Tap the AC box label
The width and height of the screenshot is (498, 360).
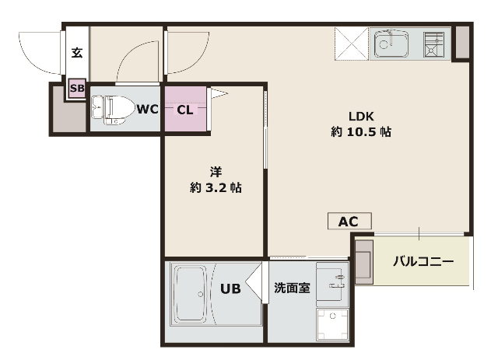(x=348, y=222)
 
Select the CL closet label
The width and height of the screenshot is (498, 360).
(x=184, y=109)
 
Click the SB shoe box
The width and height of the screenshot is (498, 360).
(x=77, y=88)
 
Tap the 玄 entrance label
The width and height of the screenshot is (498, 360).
(x=77, y=53)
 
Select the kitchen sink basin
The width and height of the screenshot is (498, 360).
(x=391, y=44)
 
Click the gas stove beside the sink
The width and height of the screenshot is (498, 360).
(x=433, y=44)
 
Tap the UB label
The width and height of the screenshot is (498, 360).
(x=230, y=289)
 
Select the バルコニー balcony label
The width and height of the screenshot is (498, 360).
(x=422, y=260)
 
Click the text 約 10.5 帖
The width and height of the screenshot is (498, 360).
(x=360, y=132)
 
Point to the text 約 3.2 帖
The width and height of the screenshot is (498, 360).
(x=215, y=187)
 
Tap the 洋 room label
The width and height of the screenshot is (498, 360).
(x=215, y=171)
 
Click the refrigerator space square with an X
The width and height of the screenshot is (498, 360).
(x=351, y=44)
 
